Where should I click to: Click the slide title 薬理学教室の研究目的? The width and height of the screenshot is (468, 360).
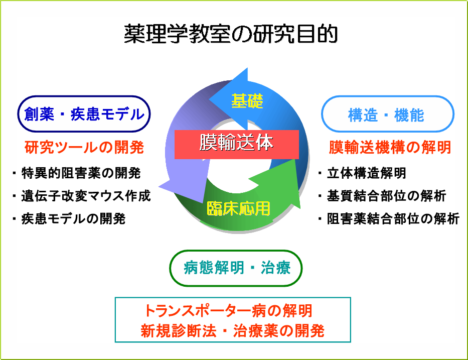tap(231, 34)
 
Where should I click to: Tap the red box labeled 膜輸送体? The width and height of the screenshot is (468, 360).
tap(237, 144)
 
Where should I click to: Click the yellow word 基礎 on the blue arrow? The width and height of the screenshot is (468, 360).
tap(247, 101)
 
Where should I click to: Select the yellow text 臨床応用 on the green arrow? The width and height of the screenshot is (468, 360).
tap(238, 208)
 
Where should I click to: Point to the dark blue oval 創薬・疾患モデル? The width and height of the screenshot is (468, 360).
tap(84, 114)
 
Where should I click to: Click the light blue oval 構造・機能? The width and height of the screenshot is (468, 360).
tap(387, 114)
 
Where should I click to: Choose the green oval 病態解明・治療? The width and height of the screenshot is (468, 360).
tap(236, 268)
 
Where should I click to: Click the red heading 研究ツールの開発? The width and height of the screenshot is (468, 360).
tap(84, 147)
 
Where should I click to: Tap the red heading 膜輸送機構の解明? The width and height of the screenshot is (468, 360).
tap(390, 147)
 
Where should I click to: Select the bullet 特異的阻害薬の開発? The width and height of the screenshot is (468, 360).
tap(77, 173)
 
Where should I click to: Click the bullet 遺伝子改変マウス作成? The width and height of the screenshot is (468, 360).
tap(81, 196)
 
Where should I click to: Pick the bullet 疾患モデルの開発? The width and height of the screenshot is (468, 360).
tap(69, 219)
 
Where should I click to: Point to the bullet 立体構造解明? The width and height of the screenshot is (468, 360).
tap(362, 173)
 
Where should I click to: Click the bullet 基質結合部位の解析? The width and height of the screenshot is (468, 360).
tap(382, 196)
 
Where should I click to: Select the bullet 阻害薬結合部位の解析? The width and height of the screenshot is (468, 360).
tap(389, 219)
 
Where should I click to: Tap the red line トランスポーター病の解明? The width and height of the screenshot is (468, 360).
tap(228, 311)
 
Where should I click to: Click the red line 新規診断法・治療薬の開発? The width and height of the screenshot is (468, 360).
tap(233, 331)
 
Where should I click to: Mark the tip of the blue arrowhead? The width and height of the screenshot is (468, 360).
tap(209, 99)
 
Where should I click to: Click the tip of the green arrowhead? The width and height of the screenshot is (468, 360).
tap(300, 208)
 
